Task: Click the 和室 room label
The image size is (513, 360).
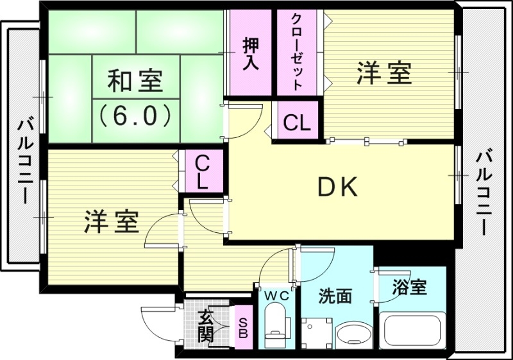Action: pyautogui.click(x=135, y=82)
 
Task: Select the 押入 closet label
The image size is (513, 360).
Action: pyautogui.click(x=251, y=55)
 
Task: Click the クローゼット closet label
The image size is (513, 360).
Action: pyautogui.click(x=297, y=51)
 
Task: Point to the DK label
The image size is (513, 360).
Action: pyautogui.click(x=338, y=187)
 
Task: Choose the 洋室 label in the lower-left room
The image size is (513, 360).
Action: pyautogui.click(x=110, y=221)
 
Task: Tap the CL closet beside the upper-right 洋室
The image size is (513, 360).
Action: pyautogui.click(x=297, y=122)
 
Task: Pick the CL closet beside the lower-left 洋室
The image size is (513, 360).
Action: pyautogui.click(x=202, y=172)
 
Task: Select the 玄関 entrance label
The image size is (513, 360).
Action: pyautogui.click(x=205, y=326)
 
